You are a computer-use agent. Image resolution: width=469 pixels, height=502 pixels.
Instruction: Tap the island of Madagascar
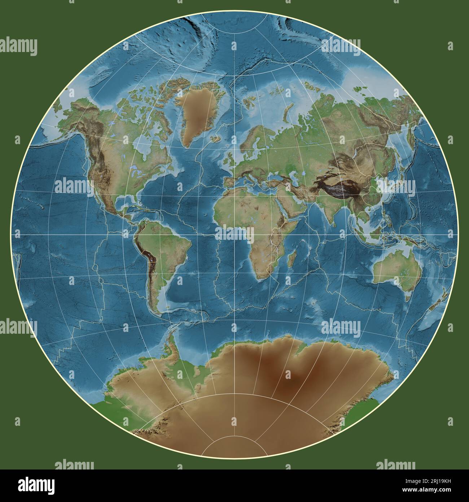[294, 258]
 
